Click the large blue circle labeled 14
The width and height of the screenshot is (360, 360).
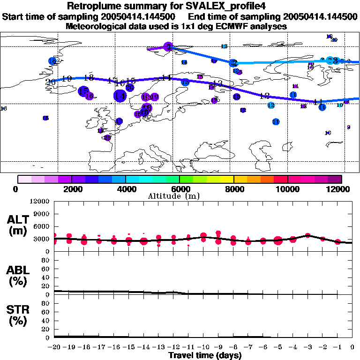[x=120, y=96]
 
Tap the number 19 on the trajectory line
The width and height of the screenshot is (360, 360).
[x=67, y=79]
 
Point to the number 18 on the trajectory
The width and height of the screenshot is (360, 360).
[x=89, y=77]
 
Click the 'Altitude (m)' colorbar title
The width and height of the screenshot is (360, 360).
[x=180, y=196]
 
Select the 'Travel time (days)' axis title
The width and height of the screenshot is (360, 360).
[x=205, y=355]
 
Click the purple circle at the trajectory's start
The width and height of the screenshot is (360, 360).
[x=169, y=46]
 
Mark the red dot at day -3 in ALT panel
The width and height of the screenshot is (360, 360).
[x=308, y=235]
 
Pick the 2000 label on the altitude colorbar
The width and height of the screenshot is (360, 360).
[x=72, y=189]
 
